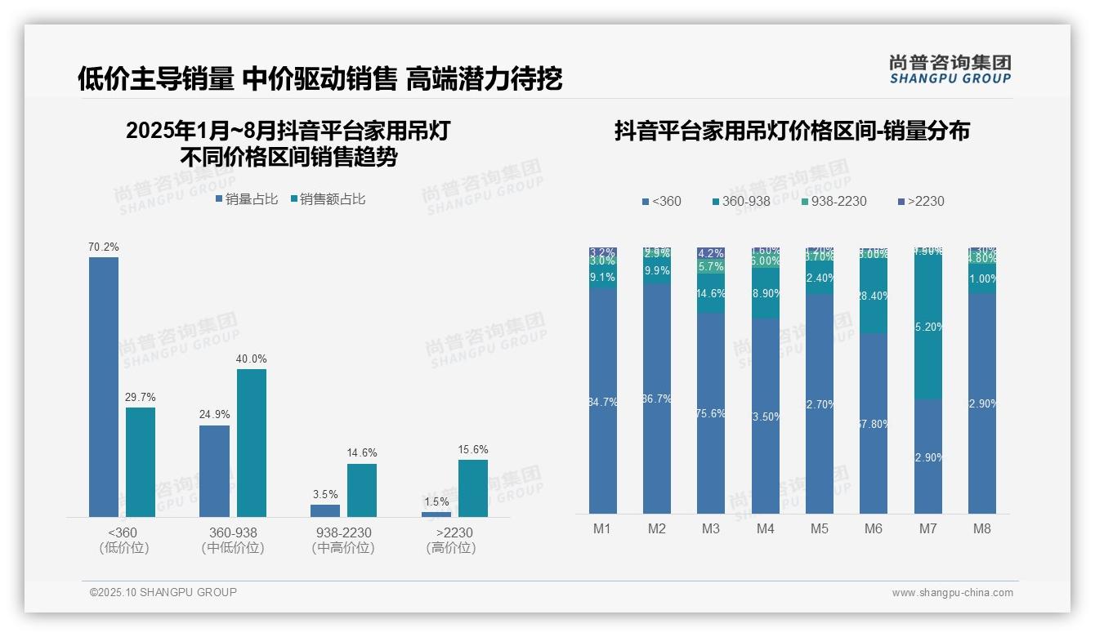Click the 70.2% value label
pos(104,247)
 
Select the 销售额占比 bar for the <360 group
pos(141,461)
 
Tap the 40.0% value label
pos(252,359)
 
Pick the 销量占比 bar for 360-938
pos(214,470)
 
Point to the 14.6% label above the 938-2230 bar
pos(362,453)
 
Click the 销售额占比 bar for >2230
pos(472,488)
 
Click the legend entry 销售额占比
pos(328,199)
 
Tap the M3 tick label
pos(711,528)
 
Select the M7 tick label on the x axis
pos(927,528)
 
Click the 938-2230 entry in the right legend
pos(833,201)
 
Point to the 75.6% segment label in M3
pos(711,413)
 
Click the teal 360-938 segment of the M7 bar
pos(928,327)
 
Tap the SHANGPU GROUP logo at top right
pos(950,69)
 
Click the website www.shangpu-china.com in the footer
pos(952,593)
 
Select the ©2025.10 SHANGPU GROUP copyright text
pos(163,592)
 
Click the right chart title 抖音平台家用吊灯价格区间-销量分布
pos(792,131)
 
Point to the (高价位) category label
pos(451,548)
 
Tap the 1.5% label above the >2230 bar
pos(437,501)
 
